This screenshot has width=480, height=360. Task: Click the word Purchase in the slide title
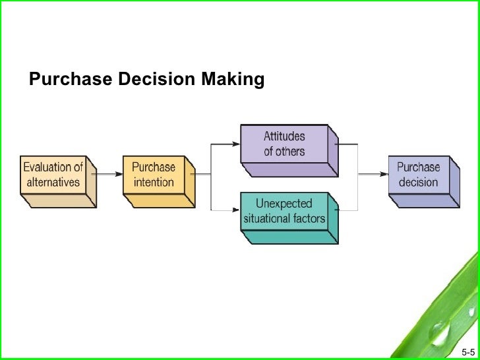71,80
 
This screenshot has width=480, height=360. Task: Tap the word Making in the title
233,80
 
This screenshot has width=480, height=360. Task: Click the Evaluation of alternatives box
54,174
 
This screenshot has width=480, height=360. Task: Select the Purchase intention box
154,175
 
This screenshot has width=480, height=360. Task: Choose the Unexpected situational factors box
285,210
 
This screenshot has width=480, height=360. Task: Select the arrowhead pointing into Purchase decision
383,174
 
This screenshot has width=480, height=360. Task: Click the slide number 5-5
468,350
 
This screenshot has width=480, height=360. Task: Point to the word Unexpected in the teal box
284,203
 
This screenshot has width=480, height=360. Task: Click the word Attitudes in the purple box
284,136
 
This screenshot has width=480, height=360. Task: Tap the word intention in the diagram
154,182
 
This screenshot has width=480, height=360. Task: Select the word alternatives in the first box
53,182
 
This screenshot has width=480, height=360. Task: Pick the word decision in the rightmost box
418,181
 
